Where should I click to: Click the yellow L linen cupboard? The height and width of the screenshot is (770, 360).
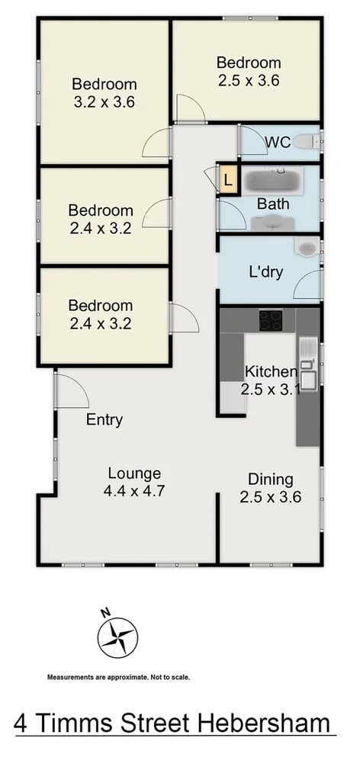227,181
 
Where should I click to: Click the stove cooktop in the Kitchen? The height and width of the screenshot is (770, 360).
270,320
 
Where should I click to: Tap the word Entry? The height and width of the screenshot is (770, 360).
104,419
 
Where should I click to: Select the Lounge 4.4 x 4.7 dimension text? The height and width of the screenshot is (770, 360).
134,492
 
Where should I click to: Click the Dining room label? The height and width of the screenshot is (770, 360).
271,480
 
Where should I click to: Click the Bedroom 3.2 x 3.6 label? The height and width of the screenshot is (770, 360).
104,94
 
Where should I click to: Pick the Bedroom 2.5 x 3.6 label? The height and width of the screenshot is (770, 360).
249,72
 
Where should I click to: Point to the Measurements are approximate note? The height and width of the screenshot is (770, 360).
118,677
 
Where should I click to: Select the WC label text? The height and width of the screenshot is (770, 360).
276,142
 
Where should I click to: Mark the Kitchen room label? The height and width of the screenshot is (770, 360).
270,372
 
